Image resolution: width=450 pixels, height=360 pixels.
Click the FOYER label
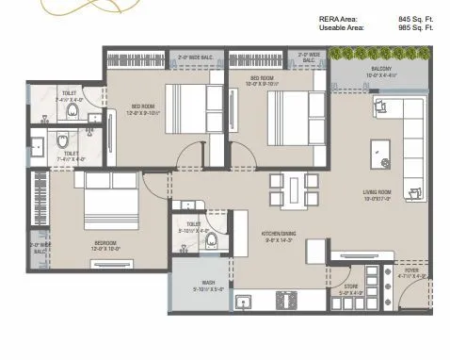pyautogui.click(x=412, y=272)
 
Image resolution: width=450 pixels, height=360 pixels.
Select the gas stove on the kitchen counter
pyautogui.click(x=285, y=302)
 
